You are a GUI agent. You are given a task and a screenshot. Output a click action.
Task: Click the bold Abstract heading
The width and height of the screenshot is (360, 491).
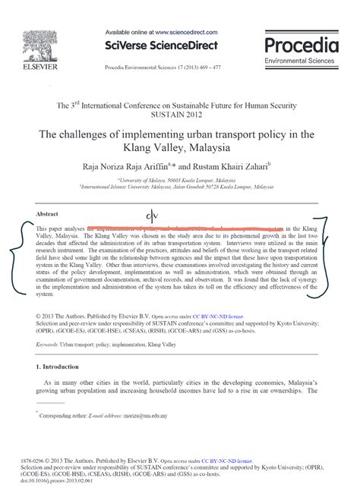[x=47, y=214]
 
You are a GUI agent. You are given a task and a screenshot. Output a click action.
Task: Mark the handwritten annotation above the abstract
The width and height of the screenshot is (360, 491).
[x=150, y=217]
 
